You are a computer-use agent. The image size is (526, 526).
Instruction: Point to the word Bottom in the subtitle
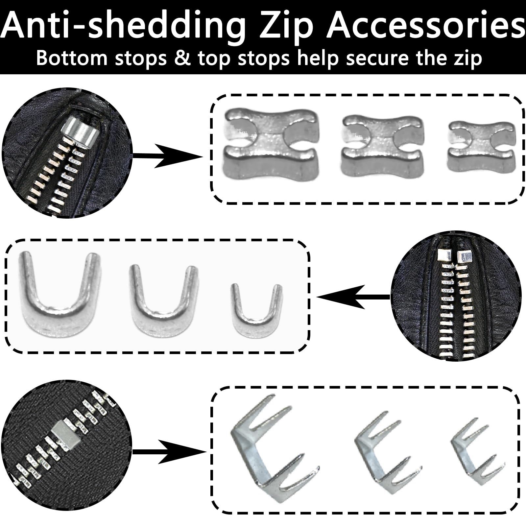[x=77, y=58]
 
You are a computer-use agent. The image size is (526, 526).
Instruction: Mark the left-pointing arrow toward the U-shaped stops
[x=353, y=297]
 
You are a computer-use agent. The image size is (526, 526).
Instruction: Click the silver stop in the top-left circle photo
[x=81, y=131]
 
